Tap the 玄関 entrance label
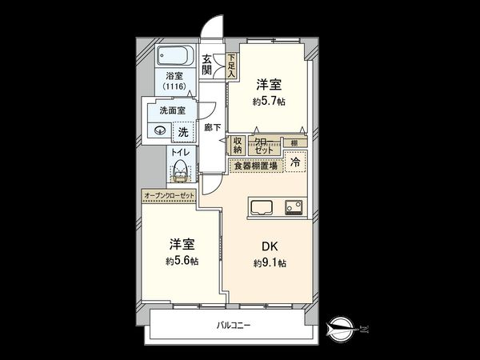click(x=207, y=63)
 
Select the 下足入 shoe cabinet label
click(x=231, y=64)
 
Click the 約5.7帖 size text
click(x=270, y=102)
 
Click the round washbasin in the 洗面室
click(x=159, y=131)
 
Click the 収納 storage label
click(x=238, y=146)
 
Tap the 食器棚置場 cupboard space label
click(x=255, y=166)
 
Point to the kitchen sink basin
click(x=262, y=207)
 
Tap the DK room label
click(x=269, y=246)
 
